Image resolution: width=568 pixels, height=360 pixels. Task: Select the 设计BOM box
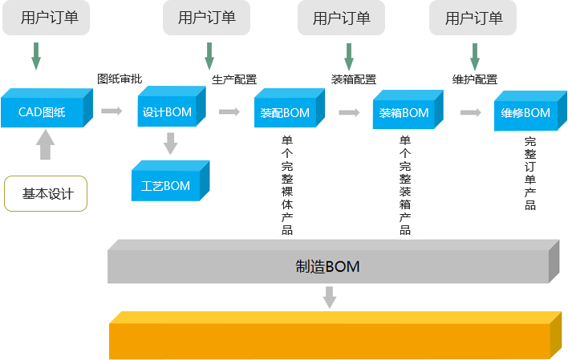coord(168,111)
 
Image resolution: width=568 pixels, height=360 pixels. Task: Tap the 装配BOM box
coord(285,113)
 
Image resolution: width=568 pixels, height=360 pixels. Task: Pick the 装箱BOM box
coord(404,113)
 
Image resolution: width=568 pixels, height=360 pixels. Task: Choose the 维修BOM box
coord(525,113)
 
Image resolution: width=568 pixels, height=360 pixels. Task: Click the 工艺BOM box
coord(166,185)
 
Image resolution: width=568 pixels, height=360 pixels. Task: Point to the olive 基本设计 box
coord(46,193)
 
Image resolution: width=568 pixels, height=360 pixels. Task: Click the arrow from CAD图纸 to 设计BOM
coord(112,111)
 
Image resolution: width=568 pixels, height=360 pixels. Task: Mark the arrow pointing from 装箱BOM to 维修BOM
coord(470,113)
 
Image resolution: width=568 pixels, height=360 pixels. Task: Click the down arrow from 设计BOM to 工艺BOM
coord(170,144)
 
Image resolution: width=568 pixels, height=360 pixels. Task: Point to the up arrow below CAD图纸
coord(45,146)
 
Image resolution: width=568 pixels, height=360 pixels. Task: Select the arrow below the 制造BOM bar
coord(329,297)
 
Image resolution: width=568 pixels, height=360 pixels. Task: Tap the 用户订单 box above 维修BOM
coord(473,18)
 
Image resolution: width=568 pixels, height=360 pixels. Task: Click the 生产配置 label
coord(234,79)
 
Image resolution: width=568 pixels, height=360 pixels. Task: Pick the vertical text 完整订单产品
coord(529,172)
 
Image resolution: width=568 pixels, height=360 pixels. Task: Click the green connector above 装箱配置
coord(349,56)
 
